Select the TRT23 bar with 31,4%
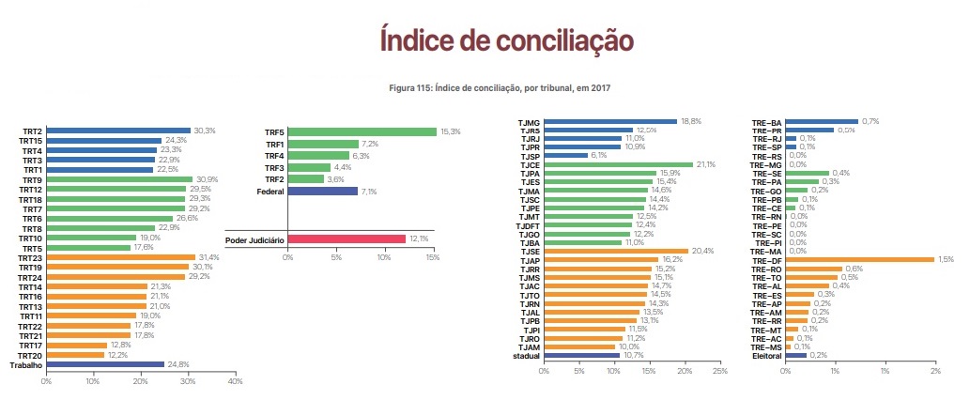[120, 257]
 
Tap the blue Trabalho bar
[105, 364]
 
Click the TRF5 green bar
[362, 132]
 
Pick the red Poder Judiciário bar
[346, 239]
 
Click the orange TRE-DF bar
[859, 259]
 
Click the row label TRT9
[31, 179]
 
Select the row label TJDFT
[527, 225]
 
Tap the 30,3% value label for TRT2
[204, 131]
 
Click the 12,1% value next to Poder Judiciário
[418, 239]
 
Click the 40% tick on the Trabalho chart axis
[235, 380]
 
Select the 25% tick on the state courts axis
[719, 372]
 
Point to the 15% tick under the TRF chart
[432, 255]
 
